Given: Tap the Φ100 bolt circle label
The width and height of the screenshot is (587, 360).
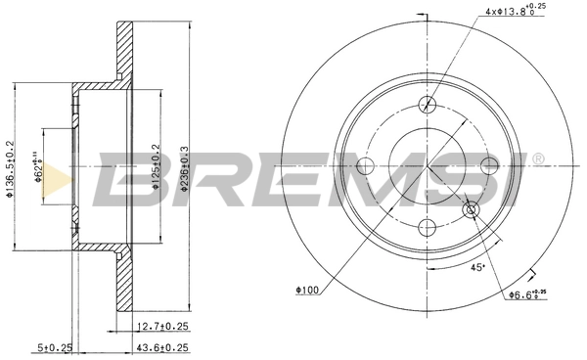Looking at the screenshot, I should [x=309, y=290].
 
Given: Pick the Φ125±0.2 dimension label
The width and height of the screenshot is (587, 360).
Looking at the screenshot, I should [x=155, y=167].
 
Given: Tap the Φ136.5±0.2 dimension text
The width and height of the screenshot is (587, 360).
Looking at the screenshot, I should [x=11, y=166].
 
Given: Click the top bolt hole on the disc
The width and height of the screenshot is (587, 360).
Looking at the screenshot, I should [x=427, y=105].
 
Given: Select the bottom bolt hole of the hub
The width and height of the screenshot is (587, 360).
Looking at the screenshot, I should [x=427, y=227].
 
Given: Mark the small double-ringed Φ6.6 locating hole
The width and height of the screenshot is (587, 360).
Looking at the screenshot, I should [x=471, y=209].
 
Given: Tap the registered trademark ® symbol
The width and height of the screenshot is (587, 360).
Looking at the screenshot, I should [x=537, y=157].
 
